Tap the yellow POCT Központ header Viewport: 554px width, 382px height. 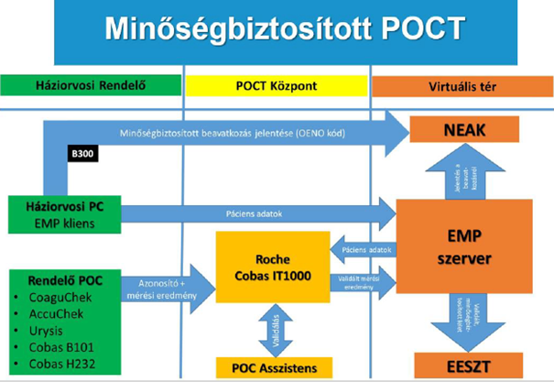pyautogui.click(x=276, y=86)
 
